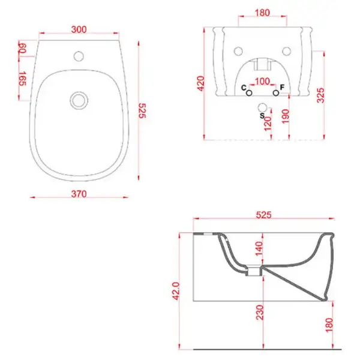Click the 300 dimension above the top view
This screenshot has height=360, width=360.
[x=79, y=29]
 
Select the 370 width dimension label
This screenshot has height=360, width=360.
[x=79, y=194]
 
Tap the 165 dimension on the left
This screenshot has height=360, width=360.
[x=22, y=79]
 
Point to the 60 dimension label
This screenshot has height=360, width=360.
[x=23, y=48]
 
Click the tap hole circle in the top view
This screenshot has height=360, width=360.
[x=79, y=56]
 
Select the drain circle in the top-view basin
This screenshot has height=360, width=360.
[x=79, y=100]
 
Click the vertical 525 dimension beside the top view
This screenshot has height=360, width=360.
[x=142, y=110]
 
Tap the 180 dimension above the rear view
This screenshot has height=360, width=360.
[x=262, y=13]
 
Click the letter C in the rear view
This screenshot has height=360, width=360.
[x=244, y=88]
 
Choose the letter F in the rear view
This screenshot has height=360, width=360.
[x=282, y=87]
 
